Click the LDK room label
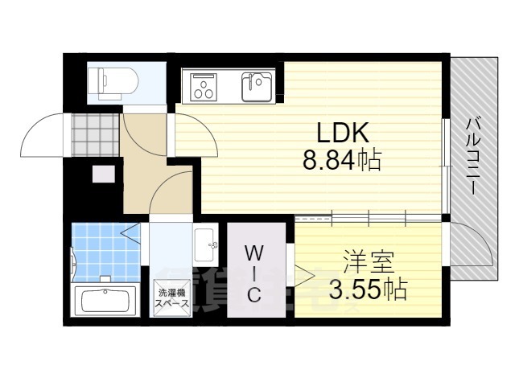(x=343, y=132)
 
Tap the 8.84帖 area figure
(x=341, y=161)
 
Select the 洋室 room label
(x=369, y=262)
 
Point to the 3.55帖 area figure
(x=369, y=289)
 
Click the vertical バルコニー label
(x=473, y=157)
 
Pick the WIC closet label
(x=254, y=274)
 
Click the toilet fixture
(x=113, y=84)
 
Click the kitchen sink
(x=257, y=87)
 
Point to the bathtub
(x=105, y=300)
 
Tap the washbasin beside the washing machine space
(x=206, y=244)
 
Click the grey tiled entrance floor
(x=95, y=134)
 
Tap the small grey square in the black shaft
(x=104, y=175)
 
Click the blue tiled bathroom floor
(x=105, y=252)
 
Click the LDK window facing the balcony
(x=445, y=166)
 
